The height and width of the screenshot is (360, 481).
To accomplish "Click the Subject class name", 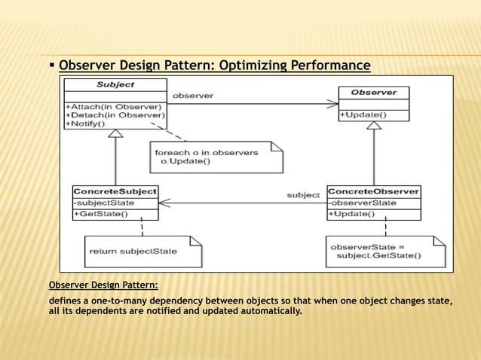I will click(115, 84).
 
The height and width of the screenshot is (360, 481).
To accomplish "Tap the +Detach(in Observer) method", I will click(115, 114).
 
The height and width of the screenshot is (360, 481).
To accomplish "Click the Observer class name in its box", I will click(373, 92).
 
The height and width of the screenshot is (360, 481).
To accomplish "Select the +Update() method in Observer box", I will click(363, 114).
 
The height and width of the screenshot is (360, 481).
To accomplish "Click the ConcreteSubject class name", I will click(115, 191).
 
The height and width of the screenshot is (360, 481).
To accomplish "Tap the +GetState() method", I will click(100, 214).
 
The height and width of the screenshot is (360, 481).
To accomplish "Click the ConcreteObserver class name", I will click(373, 191).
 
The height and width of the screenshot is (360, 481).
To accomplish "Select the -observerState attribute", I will click(362, 202).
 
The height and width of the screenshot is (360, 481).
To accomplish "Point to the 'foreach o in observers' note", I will click(216, 157).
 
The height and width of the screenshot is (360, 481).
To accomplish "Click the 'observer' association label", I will click(192, 96).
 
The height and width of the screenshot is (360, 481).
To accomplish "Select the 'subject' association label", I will click(303, 195).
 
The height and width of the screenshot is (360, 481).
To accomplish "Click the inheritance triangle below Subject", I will click(115, 134).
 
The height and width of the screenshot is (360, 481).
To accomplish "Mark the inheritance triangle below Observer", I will click(373, 125).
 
